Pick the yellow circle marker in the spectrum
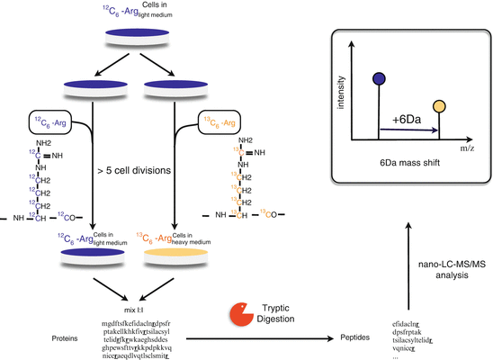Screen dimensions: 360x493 pos(438,107)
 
